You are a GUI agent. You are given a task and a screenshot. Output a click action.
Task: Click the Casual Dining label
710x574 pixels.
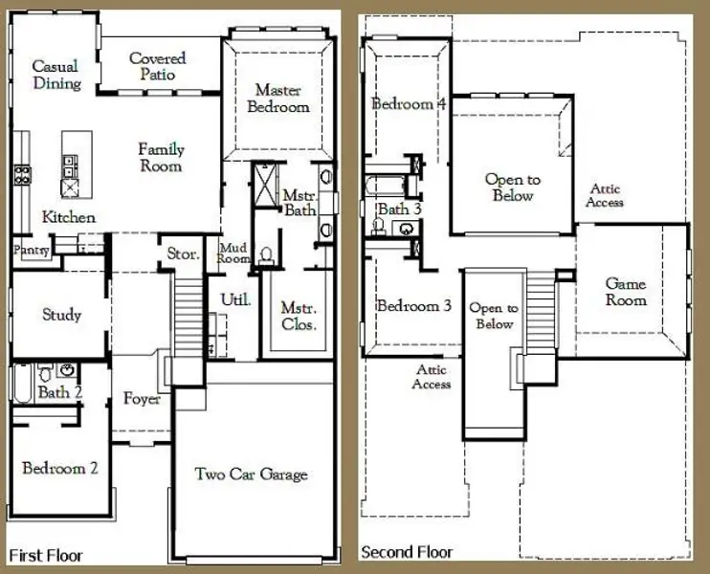pos(55,75)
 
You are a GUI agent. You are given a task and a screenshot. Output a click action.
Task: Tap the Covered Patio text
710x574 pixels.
pos(157,66)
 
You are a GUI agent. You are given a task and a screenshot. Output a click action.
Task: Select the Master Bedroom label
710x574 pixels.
pos(278,99)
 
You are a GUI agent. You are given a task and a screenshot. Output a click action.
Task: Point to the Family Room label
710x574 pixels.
pos(161,158)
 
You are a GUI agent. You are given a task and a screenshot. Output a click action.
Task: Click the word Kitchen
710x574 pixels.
pos(69,217)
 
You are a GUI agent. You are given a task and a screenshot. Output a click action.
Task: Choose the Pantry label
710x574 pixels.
pos(31,250)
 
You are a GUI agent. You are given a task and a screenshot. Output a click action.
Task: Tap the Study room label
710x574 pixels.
pos(61,315)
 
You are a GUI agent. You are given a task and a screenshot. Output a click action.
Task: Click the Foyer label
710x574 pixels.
pos(142,398)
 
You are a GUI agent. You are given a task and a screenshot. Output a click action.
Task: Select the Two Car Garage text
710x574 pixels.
pos(252,474)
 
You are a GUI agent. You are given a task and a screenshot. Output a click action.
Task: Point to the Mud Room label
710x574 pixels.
pos(234,254)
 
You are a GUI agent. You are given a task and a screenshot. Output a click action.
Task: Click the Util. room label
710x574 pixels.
pos(235,300)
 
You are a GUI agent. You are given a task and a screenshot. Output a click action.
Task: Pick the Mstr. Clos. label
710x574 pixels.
pos(299,316)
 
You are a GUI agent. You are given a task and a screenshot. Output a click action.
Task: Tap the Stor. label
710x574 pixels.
pos(183,254)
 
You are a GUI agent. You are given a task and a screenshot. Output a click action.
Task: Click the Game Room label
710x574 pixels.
pos(626,292)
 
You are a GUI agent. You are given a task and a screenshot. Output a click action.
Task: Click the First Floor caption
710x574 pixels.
pos(46,555)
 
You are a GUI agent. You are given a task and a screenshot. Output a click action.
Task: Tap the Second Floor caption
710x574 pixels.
pos(408,552)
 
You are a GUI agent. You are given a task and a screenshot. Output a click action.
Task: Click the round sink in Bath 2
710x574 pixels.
pos(67,370)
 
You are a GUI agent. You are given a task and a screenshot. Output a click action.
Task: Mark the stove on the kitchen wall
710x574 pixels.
pos(22,174)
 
